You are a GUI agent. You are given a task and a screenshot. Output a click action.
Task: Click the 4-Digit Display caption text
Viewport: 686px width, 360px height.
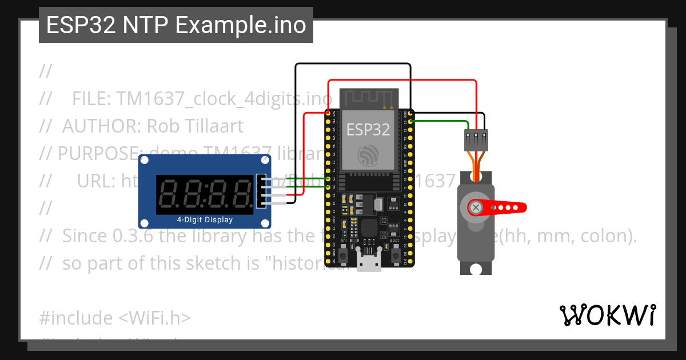coord(205,219)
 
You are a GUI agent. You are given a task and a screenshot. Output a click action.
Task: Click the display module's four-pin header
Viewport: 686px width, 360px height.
coord(262,191)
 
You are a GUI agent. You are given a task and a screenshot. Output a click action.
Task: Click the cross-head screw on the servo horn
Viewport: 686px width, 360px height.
coord(476,207)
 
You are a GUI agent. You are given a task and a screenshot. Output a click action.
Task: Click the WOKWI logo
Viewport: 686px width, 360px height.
coord(607,315)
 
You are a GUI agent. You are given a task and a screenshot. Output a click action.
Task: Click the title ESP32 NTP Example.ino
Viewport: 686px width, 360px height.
coord(176,25)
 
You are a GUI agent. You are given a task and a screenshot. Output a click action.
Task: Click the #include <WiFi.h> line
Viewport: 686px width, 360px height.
coord(115,318)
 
